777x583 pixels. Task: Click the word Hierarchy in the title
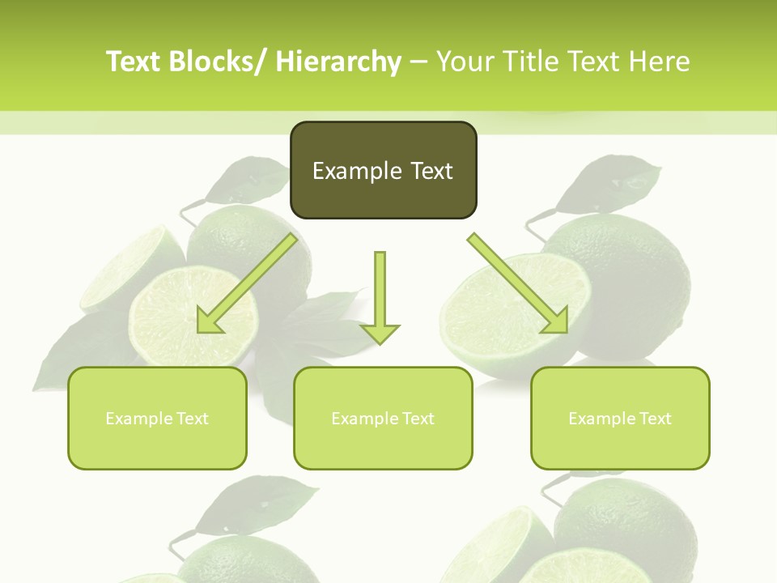coord(338,62)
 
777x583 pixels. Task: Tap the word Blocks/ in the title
coord(218,62)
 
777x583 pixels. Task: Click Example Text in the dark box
coord(383,171)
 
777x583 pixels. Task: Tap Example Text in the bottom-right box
coord(620,419)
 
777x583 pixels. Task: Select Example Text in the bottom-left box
coord(157,419)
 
